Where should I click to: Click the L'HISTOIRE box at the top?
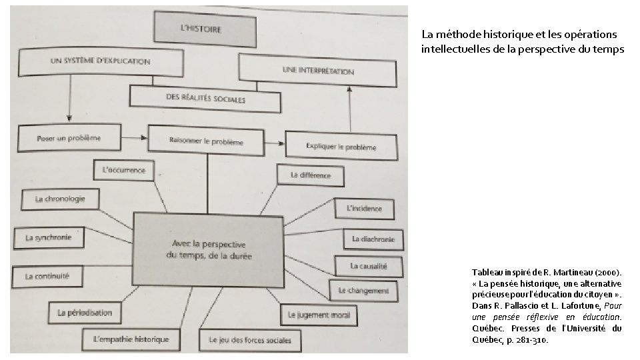pyautogui.click(x=205, y=30)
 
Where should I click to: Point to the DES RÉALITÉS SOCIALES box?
pyautogui.click(x=205, y=99)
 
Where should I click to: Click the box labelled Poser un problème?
pyautogui.click(x=69, y=139)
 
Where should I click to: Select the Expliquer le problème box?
pyautogui.click(x=341, y=146)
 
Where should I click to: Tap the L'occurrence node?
pyautogui.click(x=124, y=170)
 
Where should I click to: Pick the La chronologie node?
pyautogui.click(x=60, y=199)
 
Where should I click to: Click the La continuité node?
pyautogui.click(x=47, y=275)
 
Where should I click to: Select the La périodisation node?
pyautogui.click(x=84, y=312)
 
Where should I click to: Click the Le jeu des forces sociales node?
pyautogui.click(x=249, y=340)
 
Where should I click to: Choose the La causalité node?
pyautogui.click(x=368, y=267)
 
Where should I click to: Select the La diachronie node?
pyautogui.click(x=373, y=239)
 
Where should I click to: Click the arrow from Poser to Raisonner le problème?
pyautogui.click(x=134, y=139)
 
